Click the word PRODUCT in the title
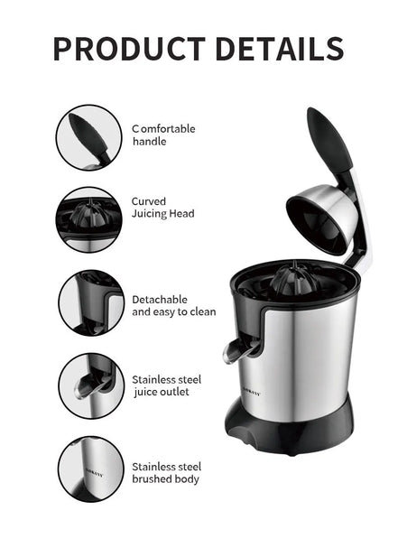(x=125, y=48)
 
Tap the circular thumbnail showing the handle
(x=89, y=137)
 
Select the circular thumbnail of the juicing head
(x=89, y=219)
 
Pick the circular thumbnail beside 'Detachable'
(x=90, y=303)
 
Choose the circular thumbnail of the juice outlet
(x=90, y=385)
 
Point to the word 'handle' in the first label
(x=150, y=142)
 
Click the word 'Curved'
(x=148, y=201)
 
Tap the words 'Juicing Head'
(x=162, y=214)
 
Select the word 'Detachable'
(x=160, y=299)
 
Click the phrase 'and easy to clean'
(x=174, y=312)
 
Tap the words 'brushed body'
(x=166, y=479)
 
